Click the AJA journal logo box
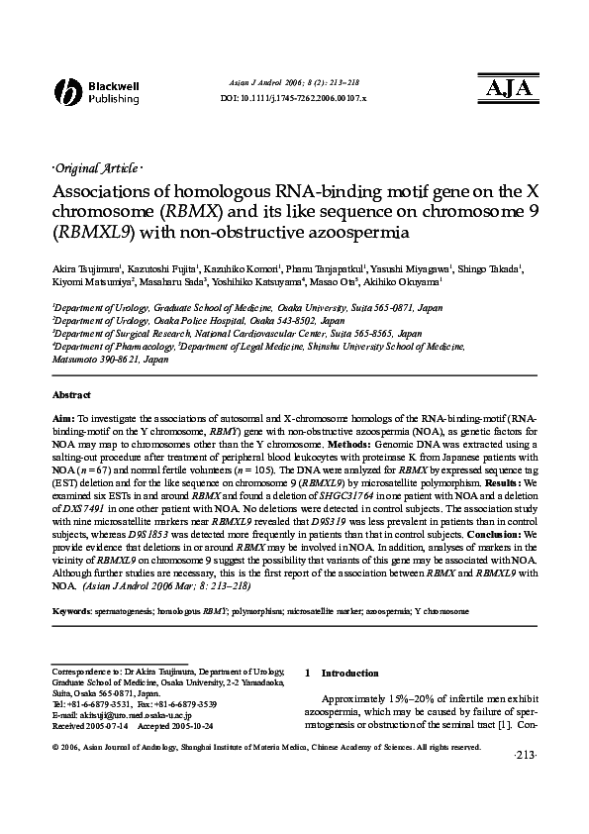(x=509, y=87)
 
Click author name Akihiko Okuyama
(x=412, y=282)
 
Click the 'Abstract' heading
(x=71, y=394)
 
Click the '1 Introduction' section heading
(x=337, y=673)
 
